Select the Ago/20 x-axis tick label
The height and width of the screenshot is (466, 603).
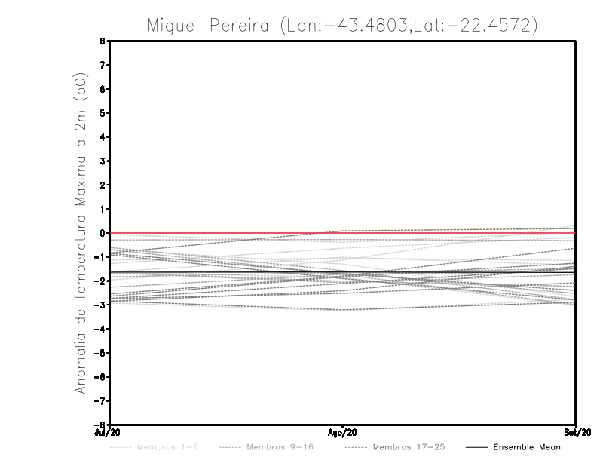pos(342,432)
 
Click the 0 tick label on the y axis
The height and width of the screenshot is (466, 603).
pos(100,233)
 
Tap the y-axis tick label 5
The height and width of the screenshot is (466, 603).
pos(100,113)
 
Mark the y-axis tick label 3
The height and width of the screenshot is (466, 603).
pos(100,161)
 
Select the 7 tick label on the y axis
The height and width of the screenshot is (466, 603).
pos(100,66)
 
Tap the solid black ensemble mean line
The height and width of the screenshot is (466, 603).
pos(226,271)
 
